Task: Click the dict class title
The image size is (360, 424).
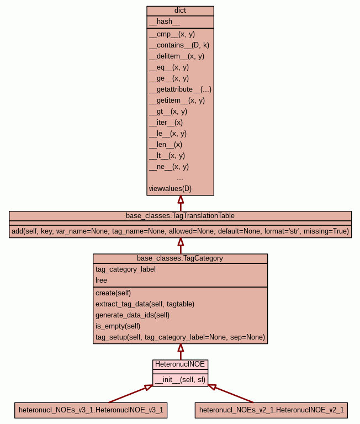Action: coord(180,10)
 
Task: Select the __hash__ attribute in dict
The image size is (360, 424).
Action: coord(164,22)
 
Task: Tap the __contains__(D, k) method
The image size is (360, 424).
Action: coord(179,45)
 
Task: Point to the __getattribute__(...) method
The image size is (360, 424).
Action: coord(180,89)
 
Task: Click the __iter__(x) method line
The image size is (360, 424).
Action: coord(166,123)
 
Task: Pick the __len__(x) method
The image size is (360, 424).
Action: coord(165,145)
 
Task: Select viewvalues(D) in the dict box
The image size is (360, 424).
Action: coord(170,189)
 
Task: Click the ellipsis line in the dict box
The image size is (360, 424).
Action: coord(180,178)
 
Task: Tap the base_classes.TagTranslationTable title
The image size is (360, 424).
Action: coord(180,215)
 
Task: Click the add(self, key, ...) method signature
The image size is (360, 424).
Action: coord(180,231)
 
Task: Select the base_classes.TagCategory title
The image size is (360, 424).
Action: coord(180,258)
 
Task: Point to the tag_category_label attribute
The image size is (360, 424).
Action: coord(125,269)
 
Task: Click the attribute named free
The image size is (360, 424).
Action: coord(101,280)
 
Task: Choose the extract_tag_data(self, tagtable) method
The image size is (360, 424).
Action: coord(145,304)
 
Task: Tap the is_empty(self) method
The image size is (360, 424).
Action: coord(118,326)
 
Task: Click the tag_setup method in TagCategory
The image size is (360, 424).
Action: coord(180,337)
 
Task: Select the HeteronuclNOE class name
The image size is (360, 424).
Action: coord(180,364)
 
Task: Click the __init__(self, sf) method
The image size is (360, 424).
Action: coord(180,379)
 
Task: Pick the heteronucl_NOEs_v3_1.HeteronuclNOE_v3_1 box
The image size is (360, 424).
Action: coord(91,410)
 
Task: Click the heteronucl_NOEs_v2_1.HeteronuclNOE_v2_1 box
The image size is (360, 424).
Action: coord(271,410)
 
